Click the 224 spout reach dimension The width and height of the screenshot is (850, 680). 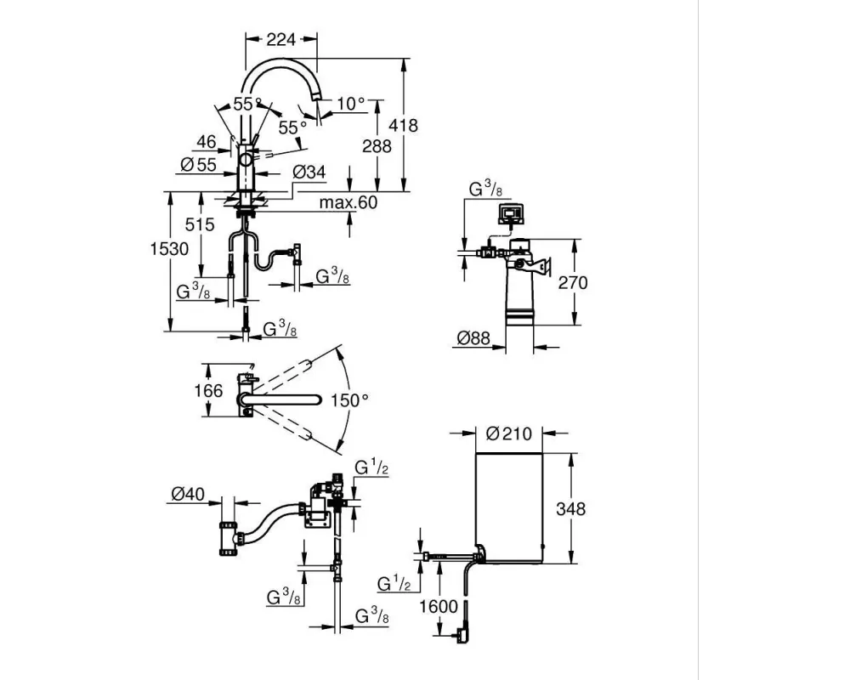[281, 39]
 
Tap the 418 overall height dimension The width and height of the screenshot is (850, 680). [403, 125]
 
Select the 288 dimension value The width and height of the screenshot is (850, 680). [377, 146]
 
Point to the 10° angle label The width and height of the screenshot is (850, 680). [351, 103]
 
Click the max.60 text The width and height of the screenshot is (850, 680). [348, 202]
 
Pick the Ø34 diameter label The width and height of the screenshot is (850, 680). [309, 172]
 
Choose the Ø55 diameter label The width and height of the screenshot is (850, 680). [198, 164]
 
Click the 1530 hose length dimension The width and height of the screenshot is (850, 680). [169, 249]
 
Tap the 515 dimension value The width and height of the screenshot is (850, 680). [200, 224]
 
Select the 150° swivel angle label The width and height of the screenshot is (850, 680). [349, 400]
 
